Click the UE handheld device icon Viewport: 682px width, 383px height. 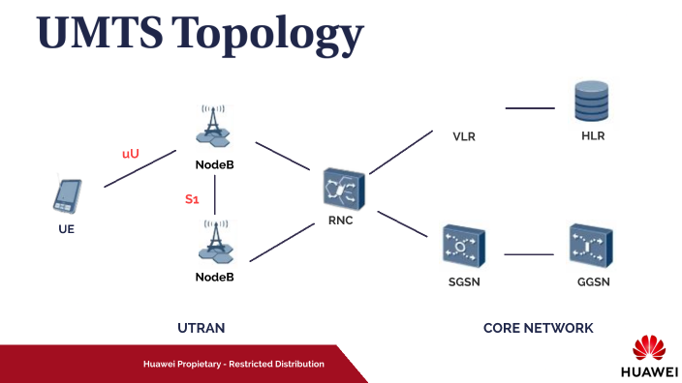pos(66,197)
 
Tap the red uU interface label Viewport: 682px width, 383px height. pos(130,154)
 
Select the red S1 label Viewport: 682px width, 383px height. pos(192,199)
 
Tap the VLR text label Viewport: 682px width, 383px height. pos(464,137)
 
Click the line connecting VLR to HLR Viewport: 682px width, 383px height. pos(530,108)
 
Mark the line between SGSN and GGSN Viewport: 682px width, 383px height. pos(528,254)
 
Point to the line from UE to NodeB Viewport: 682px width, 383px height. pos(139,168)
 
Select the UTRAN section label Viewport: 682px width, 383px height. pos(201,328)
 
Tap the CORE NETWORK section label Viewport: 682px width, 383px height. pos(538,328)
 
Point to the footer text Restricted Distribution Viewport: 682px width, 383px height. pos(276,364)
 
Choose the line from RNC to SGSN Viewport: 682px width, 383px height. pos(402,224)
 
